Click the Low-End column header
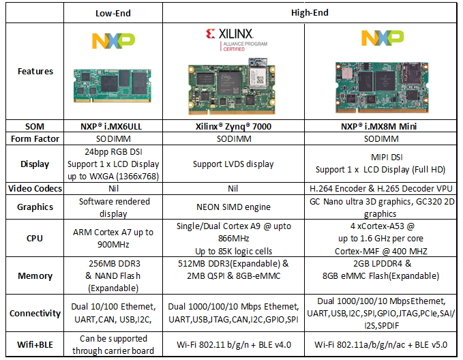113,13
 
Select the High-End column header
310,13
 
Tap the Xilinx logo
236,40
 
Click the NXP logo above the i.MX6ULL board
113,41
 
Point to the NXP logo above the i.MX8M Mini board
383,37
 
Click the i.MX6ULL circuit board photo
113,86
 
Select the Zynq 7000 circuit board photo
232,86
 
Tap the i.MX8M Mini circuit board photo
382,87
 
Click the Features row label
35,71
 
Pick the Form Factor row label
35,139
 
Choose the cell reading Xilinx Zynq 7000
233,126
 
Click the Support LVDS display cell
233,164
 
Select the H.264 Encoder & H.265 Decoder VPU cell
381,188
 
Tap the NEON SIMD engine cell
233,207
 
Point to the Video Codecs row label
35,188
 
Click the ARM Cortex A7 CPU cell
113,239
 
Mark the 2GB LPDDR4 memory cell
380,269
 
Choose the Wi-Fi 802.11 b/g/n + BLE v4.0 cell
234,344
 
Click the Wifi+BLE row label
35,344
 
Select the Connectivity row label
35,313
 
